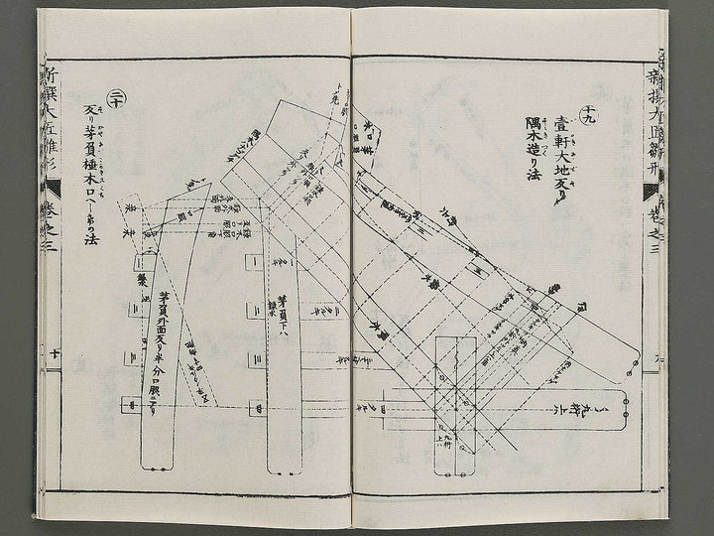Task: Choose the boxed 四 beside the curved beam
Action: [x=126, y=405]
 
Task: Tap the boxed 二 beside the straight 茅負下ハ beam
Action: [x=254, y=311]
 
